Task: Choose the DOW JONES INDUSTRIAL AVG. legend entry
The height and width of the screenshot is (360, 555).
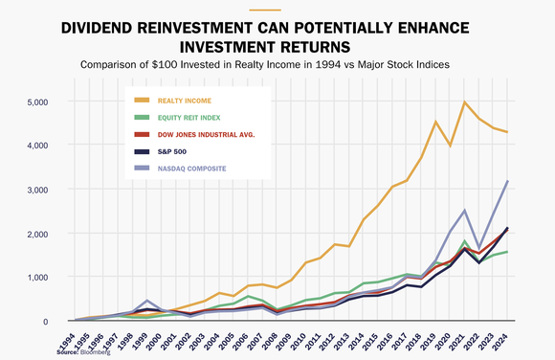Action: click(212, 135)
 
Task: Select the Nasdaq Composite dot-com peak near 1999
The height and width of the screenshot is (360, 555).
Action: click(146, 301)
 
